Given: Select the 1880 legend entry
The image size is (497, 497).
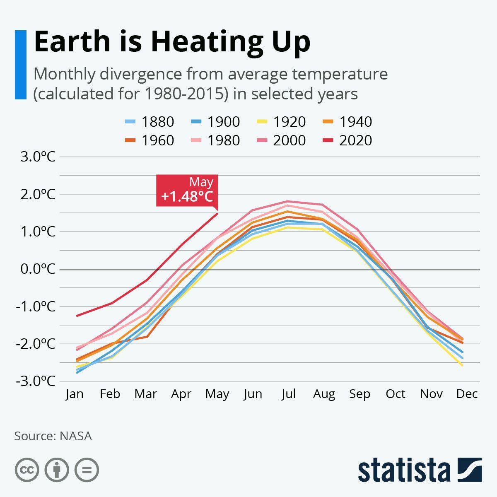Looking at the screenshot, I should tap(150, 122).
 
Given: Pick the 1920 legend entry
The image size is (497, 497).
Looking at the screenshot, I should tap(281, 122).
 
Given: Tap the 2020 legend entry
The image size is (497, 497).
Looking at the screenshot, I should tap(347, 140).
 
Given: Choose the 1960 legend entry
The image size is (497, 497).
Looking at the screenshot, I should tap(150, 140).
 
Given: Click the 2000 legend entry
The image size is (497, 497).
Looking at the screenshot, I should tap(281, 140).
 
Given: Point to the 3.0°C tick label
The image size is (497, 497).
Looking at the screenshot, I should tap(37, 157).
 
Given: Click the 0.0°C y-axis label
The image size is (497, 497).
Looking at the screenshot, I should tap(37, 269).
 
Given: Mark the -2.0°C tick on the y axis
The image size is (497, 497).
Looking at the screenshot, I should tap(36, 344).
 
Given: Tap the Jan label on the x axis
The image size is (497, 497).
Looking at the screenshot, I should tap(75, 394).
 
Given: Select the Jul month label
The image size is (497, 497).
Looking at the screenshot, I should tap(288, 394).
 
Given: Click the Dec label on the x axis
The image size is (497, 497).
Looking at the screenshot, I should tap(467, 394).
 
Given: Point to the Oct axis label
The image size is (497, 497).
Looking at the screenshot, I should tap(396, 394).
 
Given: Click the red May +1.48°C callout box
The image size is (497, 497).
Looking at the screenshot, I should tap(187, 191).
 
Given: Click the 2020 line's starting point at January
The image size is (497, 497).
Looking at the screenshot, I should tap(77, 316).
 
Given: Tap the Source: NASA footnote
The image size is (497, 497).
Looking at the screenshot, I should tap(53, 436).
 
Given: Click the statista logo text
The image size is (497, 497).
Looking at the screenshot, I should tap(404, 470).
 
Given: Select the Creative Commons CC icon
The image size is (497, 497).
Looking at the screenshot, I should tap(27, 470).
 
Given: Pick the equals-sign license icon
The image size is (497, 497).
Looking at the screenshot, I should tap(87, 470).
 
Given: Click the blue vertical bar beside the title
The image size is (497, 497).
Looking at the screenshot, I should tap(21, 65).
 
